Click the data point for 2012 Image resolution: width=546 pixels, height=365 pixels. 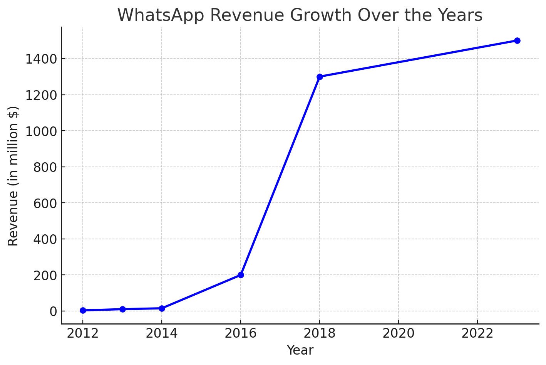[83, 310]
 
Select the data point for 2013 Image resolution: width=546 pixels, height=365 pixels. [122, 309]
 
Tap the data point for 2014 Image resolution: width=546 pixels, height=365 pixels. [162, 308]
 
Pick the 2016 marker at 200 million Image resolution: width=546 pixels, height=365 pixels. [241, 275]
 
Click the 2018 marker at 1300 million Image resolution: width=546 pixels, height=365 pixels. [320, 77]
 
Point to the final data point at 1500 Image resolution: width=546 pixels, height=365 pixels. [517, 40]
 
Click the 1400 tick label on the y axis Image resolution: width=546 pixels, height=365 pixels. [41, 59]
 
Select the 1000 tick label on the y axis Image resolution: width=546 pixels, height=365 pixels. [41, 131]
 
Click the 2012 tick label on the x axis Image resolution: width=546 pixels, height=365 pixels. [83, 333]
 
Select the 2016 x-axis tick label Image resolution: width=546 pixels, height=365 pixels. [241, 333]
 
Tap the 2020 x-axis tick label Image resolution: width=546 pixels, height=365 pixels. [399, 333]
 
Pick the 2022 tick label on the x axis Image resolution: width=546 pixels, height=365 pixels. [477, 333]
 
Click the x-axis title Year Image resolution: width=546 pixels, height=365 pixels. [300, 350]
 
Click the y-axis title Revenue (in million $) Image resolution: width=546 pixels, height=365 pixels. [13, 176]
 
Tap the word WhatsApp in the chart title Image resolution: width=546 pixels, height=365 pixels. [162, 15]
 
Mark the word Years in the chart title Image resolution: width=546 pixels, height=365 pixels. [462, 15]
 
